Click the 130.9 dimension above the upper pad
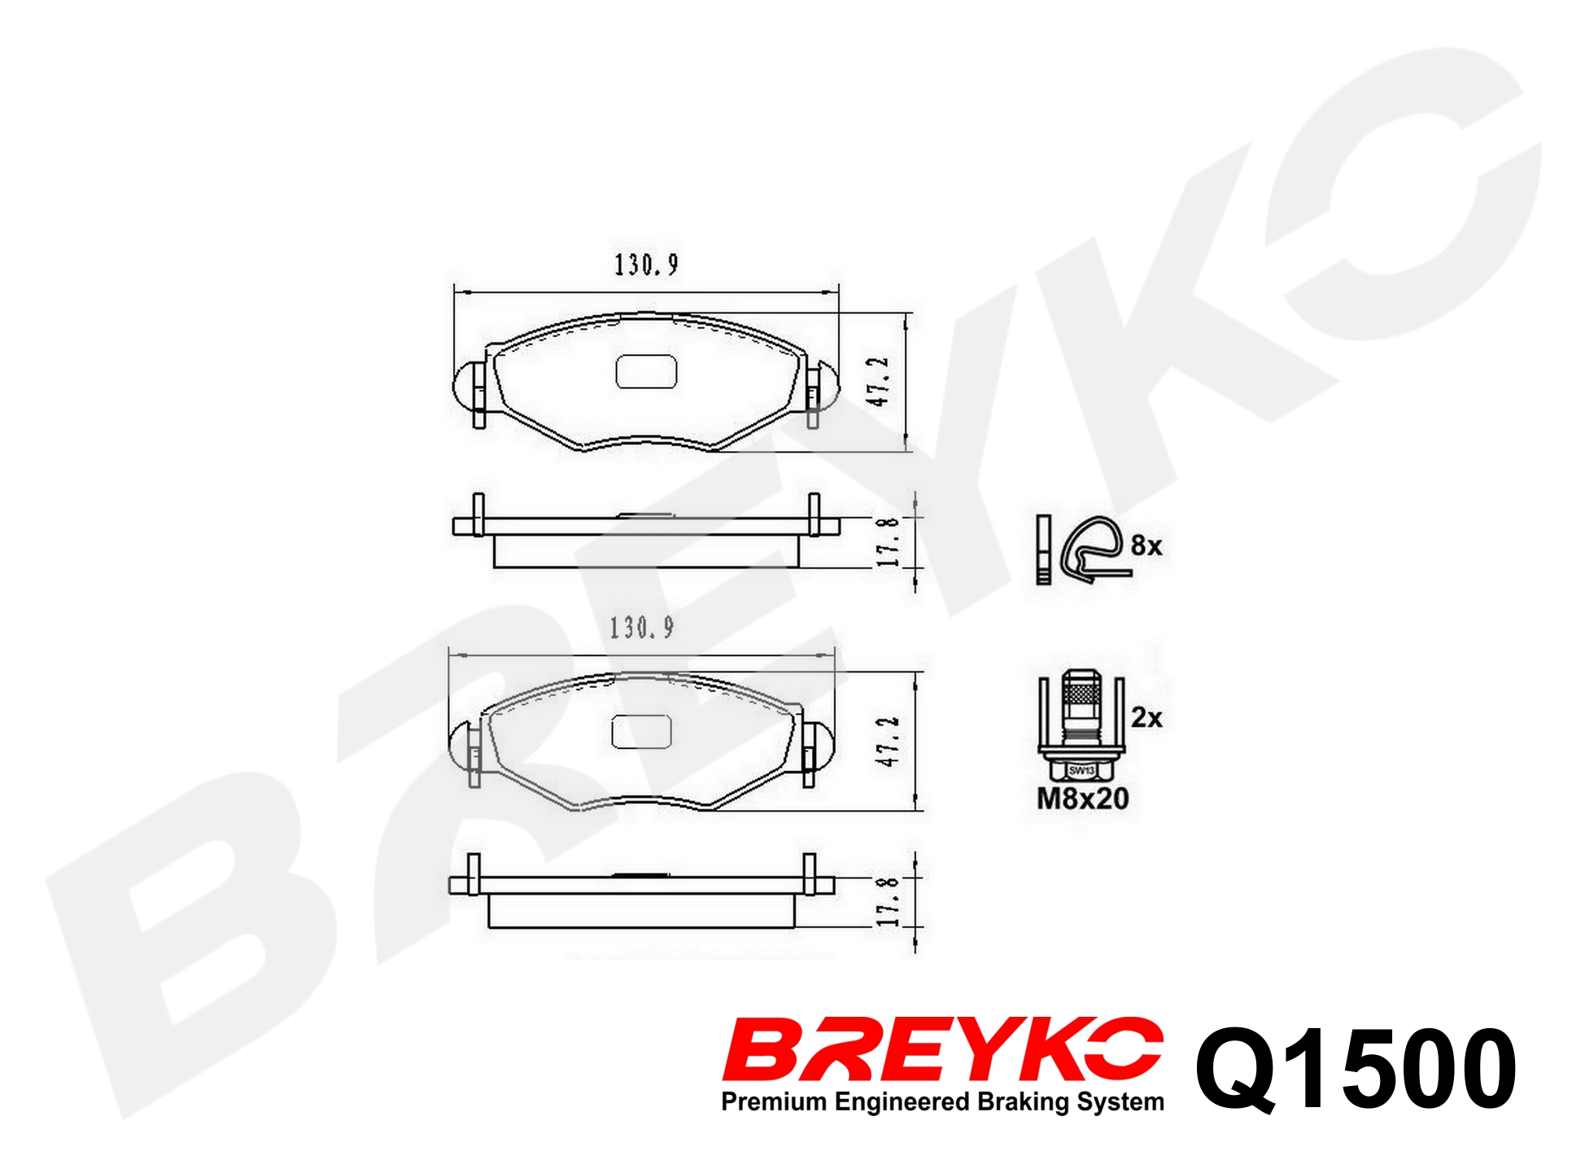click(646, 265)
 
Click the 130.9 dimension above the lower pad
click(642, 627)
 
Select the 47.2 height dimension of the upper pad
click(878, 381)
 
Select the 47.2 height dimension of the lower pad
click(887, 741)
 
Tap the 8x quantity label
click(1146, 545)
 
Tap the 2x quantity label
click(1146, 717)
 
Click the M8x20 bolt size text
click(1082, 799)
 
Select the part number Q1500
click(1356, 1068)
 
